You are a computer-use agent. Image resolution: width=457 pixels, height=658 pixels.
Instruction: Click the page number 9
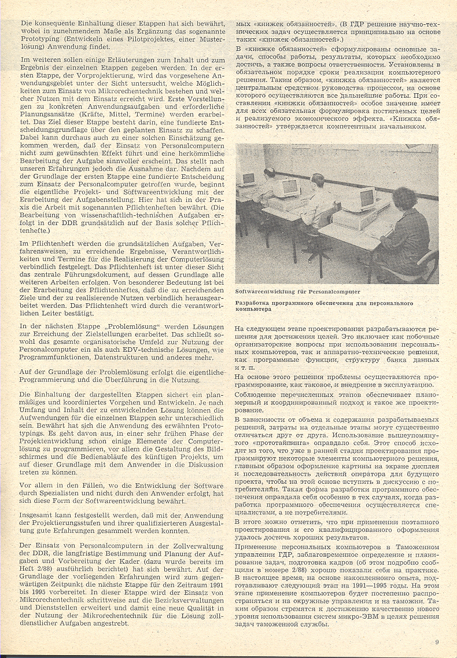(437, 641)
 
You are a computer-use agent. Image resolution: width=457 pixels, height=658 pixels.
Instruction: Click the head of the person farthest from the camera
(270, 172)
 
